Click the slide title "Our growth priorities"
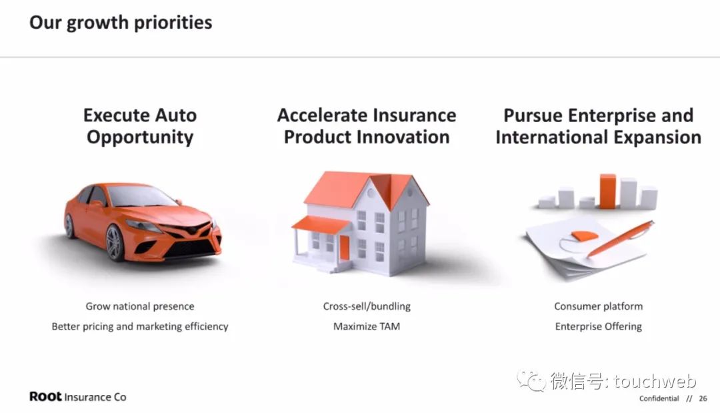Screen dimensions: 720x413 coord(121,23)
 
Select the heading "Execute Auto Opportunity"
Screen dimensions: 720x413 coord(140,126)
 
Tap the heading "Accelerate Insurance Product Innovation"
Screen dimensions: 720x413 coord(367,126)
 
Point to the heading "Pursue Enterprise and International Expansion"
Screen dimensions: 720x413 coord(598,126)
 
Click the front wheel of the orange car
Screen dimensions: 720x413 coord(115,243)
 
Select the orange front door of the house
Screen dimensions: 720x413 coord(345,248)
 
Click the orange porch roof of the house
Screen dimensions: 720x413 coord(321,225)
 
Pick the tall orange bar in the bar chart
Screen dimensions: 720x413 coord(608,191)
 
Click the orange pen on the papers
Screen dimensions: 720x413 coord(620,239)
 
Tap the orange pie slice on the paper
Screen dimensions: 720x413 coord(585,236)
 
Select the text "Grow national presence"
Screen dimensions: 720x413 coord(140,306)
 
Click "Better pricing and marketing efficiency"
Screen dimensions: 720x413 coord(140,327)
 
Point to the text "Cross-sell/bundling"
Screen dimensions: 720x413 coord(367,306)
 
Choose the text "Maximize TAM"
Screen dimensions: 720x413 coord(367,327)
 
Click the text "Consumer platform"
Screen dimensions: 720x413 coord(598,306)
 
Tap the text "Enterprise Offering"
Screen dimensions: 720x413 coord(598,327)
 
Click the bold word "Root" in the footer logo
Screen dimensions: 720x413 coord(45,396)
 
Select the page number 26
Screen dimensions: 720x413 coord(703,398)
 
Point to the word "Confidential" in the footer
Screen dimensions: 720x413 coord(659,398)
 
